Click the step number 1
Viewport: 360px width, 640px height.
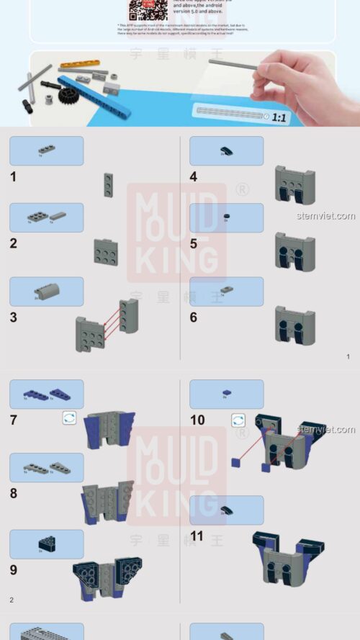(14, 176)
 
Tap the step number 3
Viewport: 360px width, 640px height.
(14, 317)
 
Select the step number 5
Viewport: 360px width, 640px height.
(194, 243)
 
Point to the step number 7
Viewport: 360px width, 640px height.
(14, 420)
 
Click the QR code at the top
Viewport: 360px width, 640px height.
(143, 9)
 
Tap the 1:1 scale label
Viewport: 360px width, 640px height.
(279, 116)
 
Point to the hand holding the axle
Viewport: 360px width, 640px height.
(302, 79)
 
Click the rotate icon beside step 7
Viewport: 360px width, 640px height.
(69, 418)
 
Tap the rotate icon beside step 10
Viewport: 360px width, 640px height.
(238, 420)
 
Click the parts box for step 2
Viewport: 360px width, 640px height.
(47, 217)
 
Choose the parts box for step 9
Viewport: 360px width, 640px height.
(47, 544)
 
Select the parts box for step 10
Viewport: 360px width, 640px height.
(226, 394)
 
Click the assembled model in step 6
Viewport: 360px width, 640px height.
(294, 325)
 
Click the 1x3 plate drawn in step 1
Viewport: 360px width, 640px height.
(108, 185)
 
